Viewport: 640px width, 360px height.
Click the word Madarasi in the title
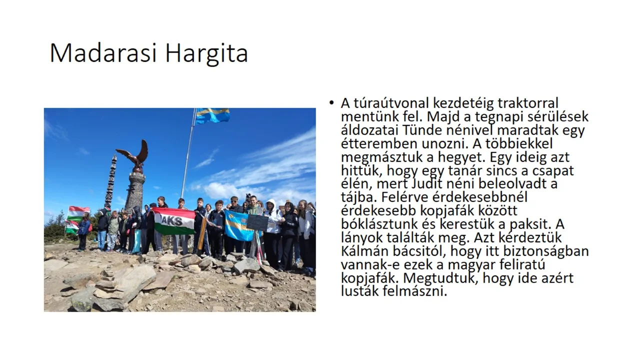click(103, 53)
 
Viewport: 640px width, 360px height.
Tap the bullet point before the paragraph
click(331, 103)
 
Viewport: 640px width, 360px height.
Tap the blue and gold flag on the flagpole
click(212, 115)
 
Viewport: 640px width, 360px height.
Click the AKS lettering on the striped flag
click(172, 221)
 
